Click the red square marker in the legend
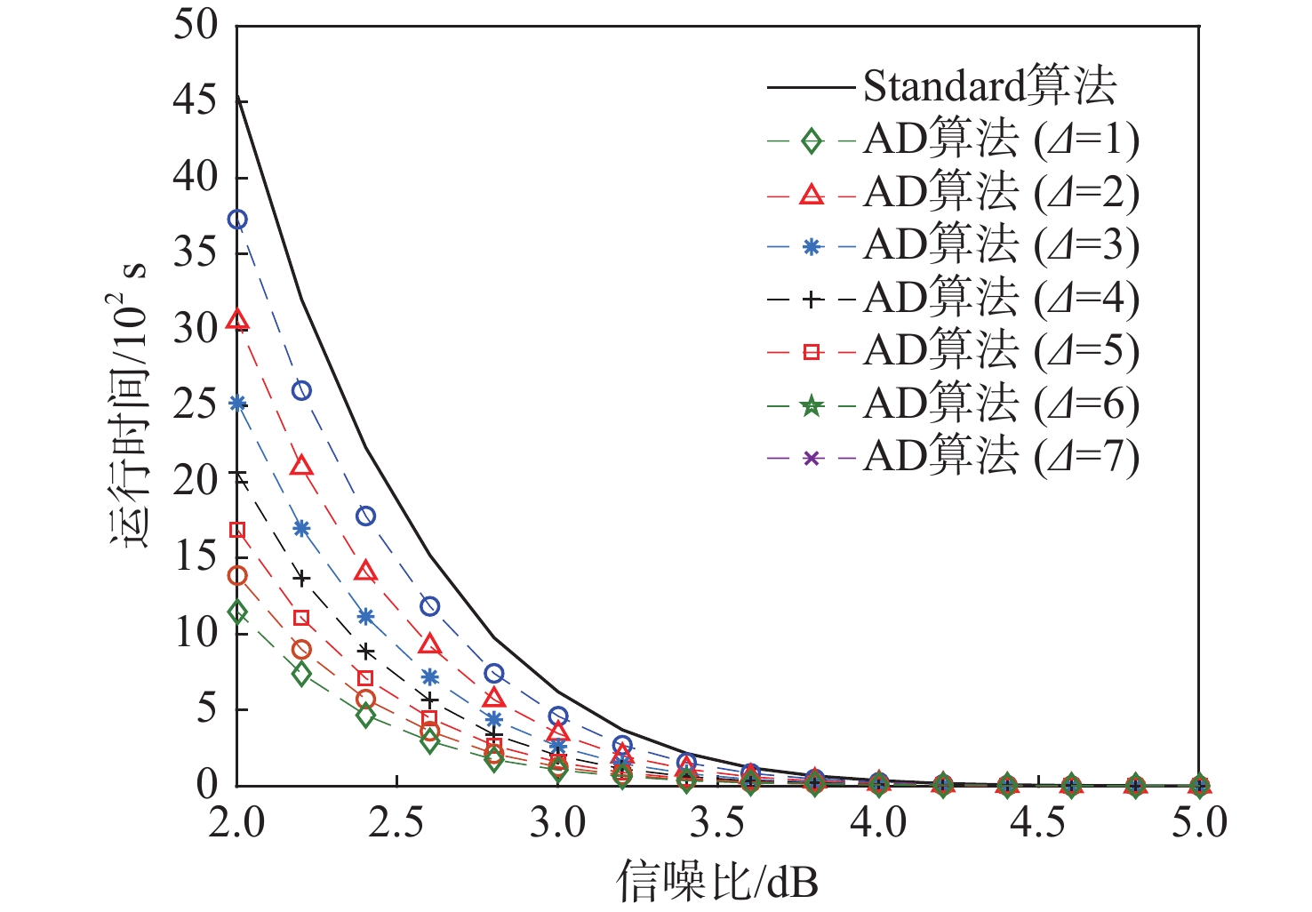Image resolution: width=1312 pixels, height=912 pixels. pyautogui.click(x=811, y=352)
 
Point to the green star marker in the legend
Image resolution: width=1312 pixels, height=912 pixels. pyautogui.click(x=811, y=405)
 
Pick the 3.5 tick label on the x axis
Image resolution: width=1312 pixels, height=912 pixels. pyautogui.click(x=718, y=822)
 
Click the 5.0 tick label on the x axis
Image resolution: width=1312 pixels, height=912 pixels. pyautogui.click(x=1199, y=822)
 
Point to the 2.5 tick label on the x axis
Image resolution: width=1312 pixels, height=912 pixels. pyautogui.click(x=397, y=822)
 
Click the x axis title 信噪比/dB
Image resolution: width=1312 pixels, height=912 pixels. pyautogui.click(x=717, y=881)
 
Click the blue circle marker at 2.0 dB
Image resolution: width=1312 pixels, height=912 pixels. pyautogui.click(x=237, y=220)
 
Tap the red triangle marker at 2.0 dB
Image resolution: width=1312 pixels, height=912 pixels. pyautogui.click(x=237, y=321)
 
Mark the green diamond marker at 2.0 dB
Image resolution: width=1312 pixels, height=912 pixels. pyautogui.click(x=237, y=612)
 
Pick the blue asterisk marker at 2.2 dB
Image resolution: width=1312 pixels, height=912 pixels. pyautogui.click(x=301, y=528)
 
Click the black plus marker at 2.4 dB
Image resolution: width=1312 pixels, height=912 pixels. pyautogui.click(x=365, y=652)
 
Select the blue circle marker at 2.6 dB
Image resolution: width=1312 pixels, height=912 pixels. pyautogui.click(x=430, y=606)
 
